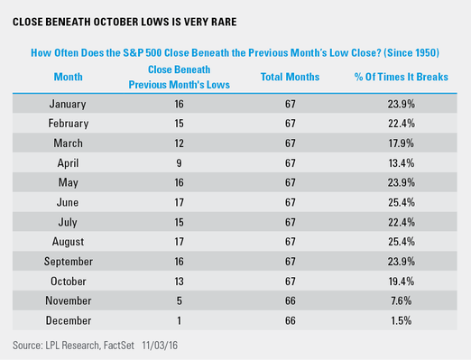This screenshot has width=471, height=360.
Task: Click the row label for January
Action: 68,104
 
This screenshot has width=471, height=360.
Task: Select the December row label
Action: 69,320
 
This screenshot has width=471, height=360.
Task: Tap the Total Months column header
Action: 290,77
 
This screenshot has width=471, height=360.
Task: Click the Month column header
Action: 68,77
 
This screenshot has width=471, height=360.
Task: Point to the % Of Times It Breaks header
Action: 402,77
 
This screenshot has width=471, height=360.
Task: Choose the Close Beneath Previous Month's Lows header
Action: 180,77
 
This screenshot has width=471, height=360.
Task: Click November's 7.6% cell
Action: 402,300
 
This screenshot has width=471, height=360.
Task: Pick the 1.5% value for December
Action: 402,320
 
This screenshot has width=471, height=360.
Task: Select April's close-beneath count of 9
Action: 179,163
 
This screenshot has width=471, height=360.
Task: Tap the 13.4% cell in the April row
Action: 402,163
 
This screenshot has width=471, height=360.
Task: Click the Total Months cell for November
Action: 291,300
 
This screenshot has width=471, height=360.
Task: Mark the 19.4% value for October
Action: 402,282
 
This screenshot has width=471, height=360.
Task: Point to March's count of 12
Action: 179,143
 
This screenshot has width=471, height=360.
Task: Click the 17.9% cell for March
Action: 402,143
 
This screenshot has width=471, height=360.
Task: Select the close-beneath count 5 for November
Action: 180,300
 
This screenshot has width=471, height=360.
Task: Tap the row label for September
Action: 69,262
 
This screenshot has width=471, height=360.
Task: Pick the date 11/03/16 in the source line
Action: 160,346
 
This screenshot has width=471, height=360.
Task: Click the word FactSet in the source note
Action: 119,346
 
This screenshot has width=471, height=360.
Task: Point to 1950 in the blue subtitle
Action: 423,53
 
